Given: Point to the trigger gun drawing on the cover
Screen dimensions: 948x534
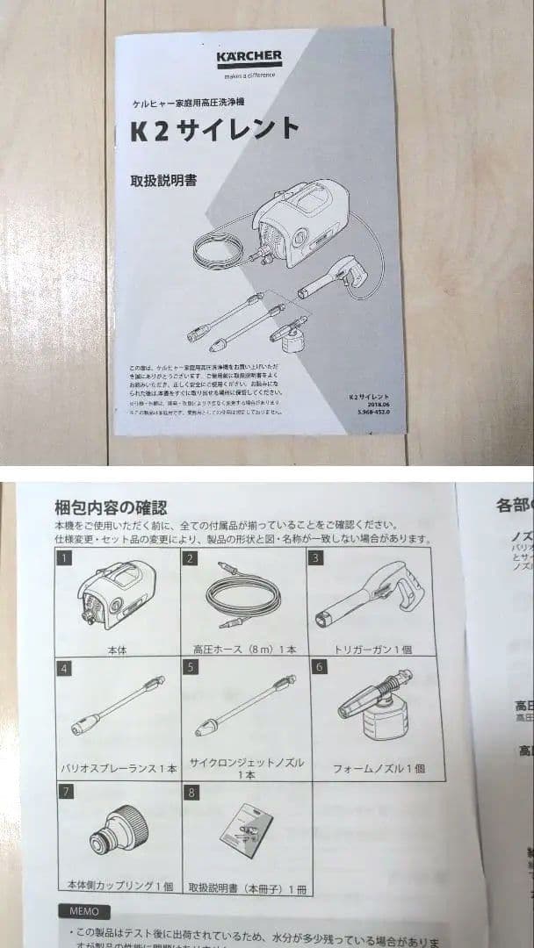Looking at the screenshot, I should pos(338,276).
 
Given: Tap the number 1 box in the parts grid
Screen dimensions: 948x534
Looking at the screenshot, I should pos(63,557).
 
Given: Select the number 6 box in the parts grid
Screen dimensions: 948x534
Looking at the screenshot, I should pos(319,667).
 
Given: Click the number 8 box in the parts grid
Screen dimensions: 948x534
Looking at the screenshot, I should pos(191,793).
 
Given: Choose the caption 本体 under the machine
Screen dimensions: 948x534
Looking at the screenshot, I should pos(116,650).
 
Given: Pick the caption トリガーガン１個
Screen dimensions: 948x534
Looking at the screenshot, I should pos(373,650).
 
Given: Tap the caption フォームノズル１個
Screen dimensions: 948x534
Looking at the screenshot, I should pos(379,768).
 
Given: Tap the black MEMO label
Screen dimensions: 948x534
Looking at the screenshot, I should pos(84,911).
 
